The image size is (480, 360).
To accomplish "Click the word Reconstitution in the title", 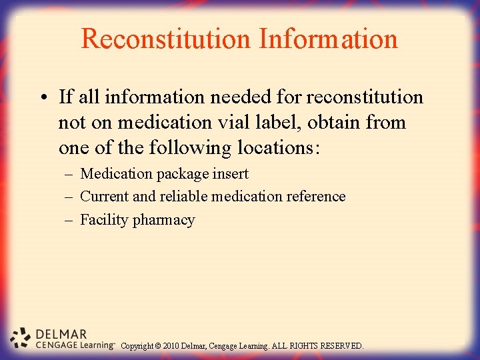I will (165, 39).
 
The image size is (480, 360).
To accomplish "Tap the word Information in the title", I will (329, 39).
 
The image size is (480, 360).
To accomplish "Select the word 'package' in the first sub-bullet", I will (182, 174).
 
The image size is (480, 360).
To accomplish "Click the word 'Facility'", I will (104, 220).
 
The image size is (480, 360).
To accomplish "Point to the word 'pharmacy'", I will (164, 221).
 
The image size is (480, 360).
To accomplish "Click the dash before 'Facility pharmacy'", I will (70, 220).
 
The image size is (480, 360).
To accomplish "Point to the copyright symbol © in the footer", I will (159, 346).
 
